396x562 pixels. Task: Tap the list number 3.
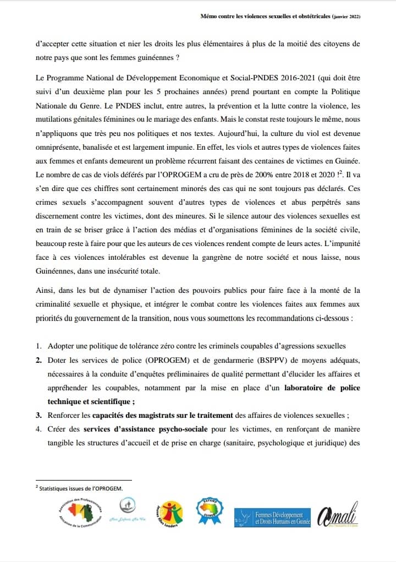[x=38, y=416]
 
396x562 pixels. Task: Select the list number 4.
[x=38, y=430]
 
